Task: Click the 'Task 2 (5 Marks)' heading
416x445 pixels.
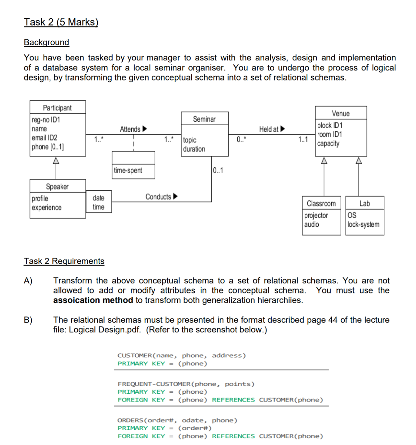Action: pos(61,22)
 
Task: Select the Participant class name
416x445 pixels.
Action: pos(57,108)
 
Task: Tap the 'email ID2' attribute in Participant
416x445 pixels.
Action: pos(44,138)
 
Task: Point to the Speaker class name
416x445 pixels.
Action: pos(57,186)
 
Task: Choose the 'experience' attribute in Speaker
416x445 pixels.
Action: pos(47,208)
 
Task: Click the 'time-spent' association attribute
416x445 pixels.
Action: pos(128,170)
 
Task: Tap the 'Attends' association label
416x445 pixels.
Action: pos(130,129)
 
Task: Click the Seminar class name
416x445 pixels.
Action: pos(204,119)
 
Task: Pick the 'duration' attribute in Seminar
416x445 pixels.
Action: pos(194,149)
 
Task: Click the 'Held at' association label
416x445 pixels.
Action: pos(269,129)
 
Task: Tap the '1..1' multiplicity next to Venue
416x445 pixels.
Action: pos(303,139)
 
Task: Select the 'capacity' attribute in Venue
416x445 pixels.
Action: pos(328,144)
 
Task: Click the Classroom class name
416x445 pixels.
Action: pos(321,203)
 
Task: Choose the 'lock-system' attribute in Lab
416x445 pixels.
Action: pos(363,225)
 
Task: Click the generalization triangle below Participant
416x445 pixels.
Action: pos(55,160)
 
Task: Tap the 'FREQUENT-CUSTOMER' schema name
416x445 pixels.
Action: pos(154,384)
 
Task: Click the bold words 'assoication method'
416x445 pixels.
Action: pos(93,300)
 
